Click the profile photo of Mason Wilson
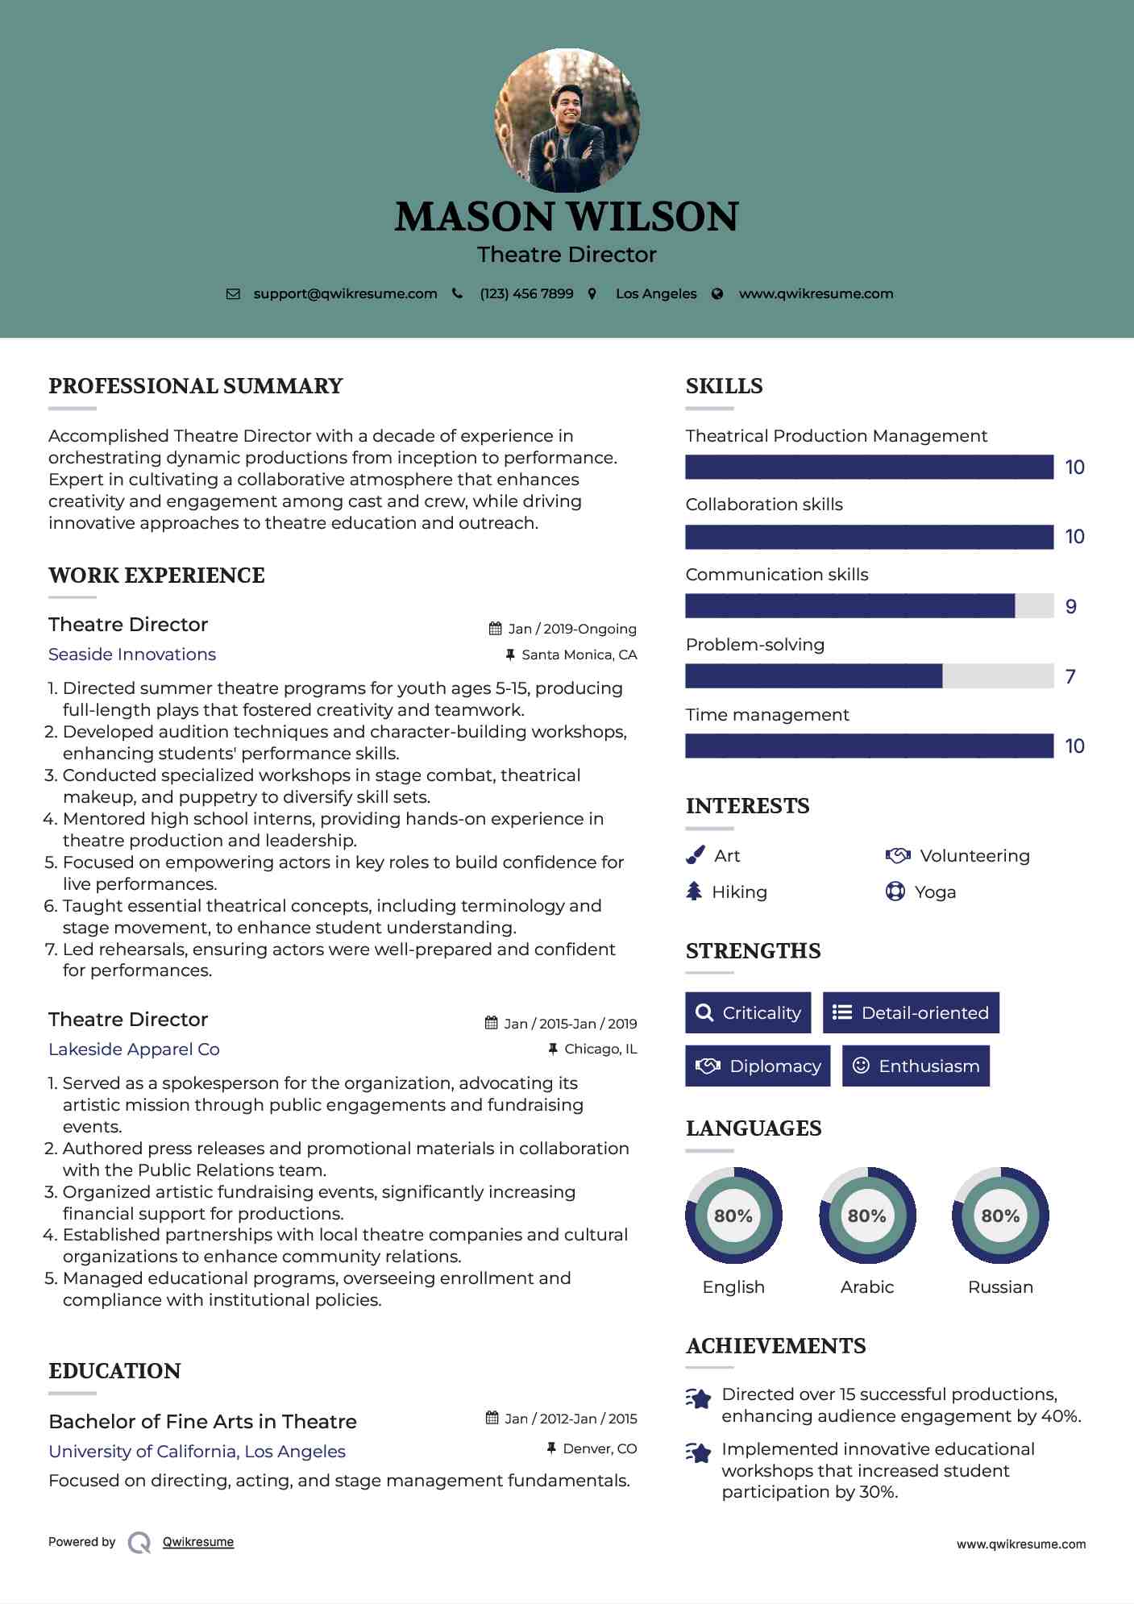pyautogui.click(x=567, y=120)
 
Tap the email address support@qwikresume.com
pyautogui.click(x=345, y=294)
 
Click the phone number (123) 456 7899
pyautogui.click(x=526, y=294)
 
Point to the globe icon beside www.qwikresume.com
pyautogui.click(x=717, y=294)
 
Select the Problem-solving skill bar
pyautogui.click(x=869, y=676)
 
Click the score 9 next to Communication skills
pyautogui.click(x=1070, y=607)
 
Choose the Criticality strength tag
pyautogui.click(x=748, y=1013)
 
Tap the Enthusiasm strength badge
pyautogui.click(x=916, y=1066)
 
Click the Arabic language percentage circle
pyautogui.click(x=867, y=1215)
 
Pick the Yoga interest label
pyautogui.click(x=935, y=892)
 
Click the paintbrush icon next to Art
pyautogui.click(x=695, y=856)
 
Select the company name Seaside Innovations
pyautogui.click(x=132, y=654)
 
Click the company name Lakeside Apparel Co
pyautogui.click(x=134, y=1049)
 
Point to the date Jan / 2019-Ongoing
pyautogui.click(x=571, y=629)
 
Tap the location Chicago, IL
pyautogui.click(x=600, y=1049)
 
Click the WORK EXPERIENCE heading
pyautogui.click(x=156, y=576)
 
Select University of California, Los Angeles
pyautogui.click(x=197, y=1452)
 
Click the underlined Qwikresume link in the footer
pyautogui.click(x=198, y=1542)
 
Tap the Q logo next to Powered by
pyautogui.click(x=139, y=1543)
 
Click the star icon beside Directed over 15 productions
pyautogui.click(x=699, y=1398)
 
